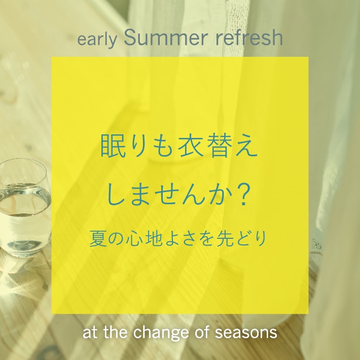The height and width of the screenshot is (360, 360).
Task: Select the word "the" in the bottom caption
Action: point(116,333)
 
